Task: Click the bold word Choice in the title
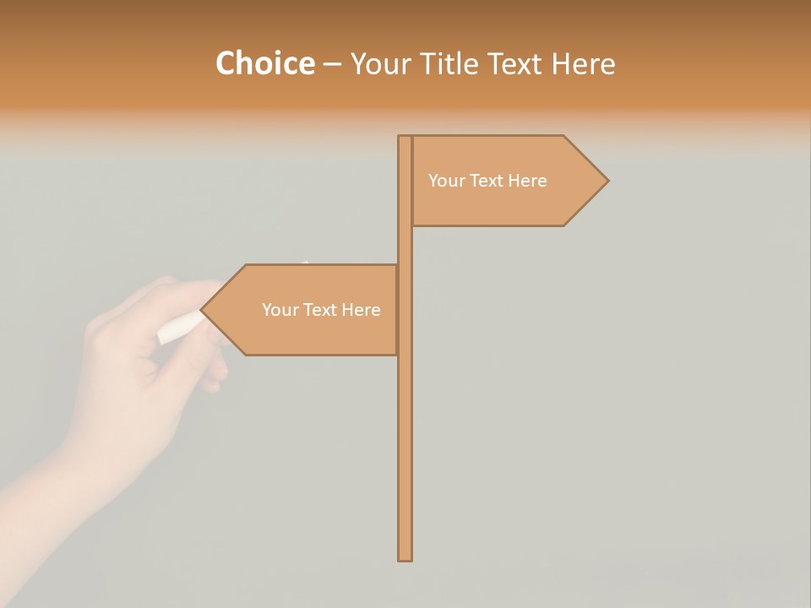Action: coord(264,63)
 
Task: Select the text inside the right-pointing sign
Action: coord(487,181)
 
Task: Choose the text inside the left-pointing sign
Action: coord(321,310)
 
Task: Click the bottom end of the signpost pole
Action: coord(405,557)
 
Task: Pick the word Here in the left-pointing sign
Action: coord(361,310)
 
